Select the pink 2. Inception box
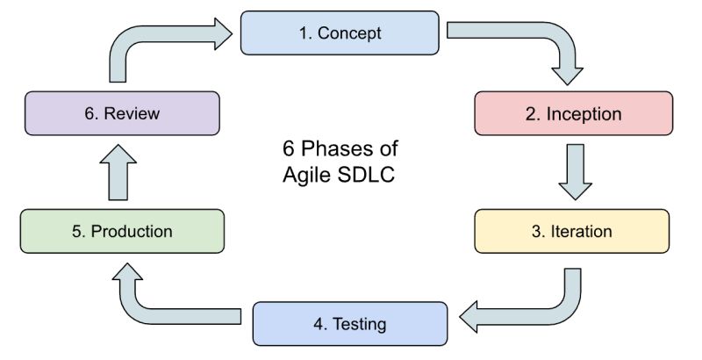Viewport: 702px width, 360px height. [573, 114]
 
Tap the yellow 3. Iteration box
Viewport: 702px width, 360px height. [573, 232]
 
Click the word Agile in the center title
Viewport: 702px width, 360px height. [303, 173]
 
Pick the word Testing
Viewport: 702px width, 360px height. [360, 323]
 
